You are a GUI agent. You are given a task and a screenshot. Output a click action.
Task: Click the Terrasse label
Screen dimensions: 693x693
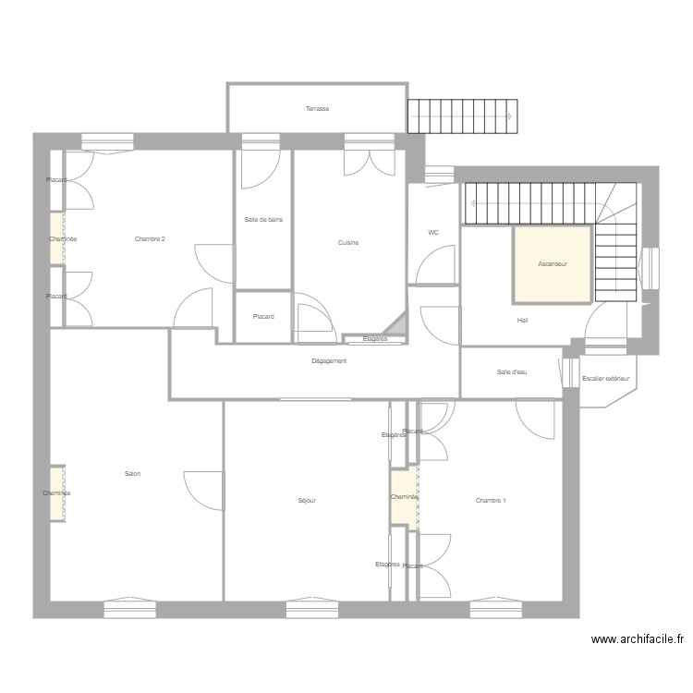(x=317, y=109)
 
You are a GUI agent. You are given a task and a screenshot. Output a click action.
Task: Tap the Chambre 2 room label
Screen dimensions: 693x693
(x=150, y=239)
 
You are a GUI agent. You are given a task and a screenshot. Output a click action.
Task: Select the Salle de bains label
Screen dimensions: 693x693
(x=263, y=220)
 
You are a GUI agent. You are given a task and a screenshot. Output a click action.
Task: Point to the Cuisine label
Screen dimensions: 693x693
(x=347, y=243)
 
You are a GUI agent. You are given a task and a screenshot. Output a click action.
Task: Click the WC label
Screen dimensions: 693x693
(x=432, y=233)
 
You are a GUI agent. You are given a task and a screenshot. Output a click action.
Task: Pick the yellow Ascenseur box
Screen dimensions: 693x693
(x=553, y=264)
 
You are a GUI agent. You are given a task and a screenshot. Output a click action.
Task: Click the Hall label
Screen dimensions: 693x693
(x=522, y=321)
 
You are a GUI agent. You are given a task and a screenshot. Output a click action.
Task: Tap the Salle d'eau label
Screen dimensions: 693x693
(x=511, y=372)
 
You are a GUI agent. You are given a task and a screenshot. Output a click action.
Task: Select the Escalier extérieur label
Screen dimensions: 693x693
(x=605, y=379)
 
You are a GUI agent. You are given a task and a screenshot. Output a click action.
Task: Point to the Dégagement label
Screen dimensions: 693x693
(x=329, y=361)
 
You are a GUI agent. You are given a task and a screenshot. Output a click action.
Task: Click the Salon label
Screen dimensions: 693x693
(x=132, y=474)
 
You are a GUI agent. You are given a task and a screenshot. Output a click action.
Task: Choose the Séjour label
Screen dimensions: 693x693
(x=307, y=501)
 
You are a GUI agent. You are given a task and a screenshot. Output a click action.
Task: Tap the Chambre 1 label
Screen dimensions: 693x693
(x=491, y=501)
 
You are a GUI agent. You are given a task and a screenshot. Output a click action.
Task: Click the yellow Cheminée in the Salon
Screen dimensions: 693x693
(x=57, y=493)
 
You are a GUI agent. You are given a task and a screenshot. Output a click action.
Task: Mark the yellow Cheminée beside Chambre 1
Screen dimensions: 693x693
(x=404, y=499)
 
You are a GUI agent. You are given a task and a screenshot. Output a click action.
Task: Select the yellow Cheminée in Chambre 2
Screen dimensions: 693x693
(x=57, y=239)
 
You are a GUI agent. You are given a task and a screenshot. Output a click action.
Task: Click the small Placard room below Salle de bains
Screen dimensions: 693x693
(x=263, y=317)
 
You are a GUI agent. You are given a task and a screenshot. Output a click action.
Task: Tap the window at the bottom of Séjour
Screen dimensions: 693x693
(x=312, y=609)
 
